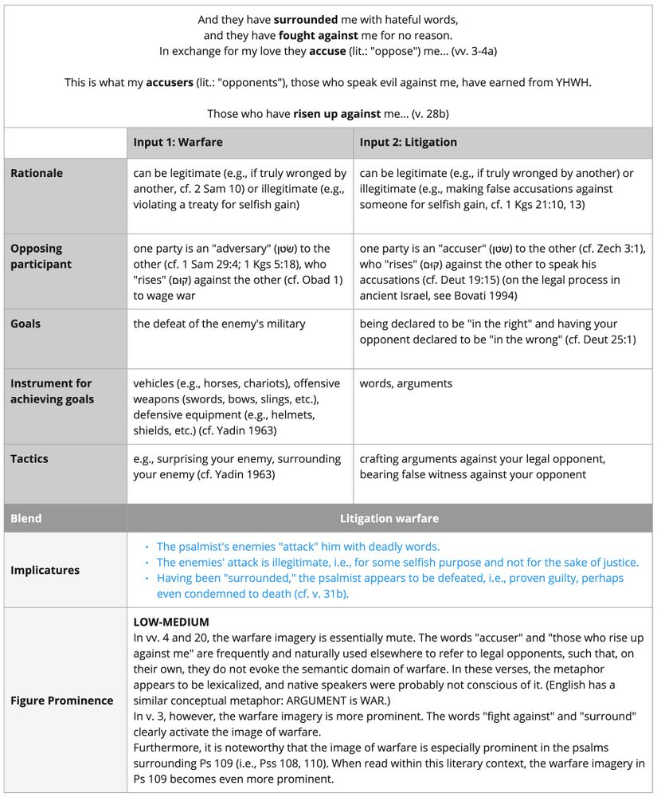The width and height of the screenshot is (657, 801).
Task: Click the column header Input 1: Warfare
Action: [178, 143]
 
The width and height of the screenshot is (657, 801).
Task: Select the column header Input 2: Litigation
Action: [408, 143]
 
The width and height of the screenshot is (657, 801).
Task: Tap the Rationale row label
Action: [37, 173]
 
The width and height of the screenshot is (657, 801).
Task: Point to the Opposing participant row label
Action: [41, 256]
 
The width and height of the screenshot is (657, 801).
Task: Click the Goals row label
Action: [25, 324]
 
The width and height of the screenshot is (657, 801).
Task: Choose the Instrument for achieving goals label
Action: [51, 391]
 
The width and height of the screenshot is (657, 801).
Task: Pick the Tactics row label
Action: [29, 459]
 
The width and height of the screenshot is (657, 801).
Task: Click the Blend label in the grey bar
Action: [25, 518]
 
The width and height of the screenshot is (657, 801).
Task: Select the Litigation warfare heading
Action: [389, 518]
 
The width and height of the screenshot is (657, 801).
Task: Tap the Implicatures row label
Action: [45, 570]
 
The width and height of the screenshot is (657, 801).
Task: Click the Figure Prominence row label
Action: [61, 701]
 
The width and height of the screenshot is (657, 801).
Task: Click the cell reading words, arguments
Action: [405, 383]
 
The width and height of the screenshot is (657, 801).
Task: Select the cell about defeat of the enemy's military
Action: [219, 324]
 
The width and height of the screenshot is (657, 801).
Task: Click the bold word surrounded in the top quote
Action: [308, 19]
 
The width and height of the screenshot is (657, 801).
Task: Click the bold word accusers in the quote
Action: [170, 82]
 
